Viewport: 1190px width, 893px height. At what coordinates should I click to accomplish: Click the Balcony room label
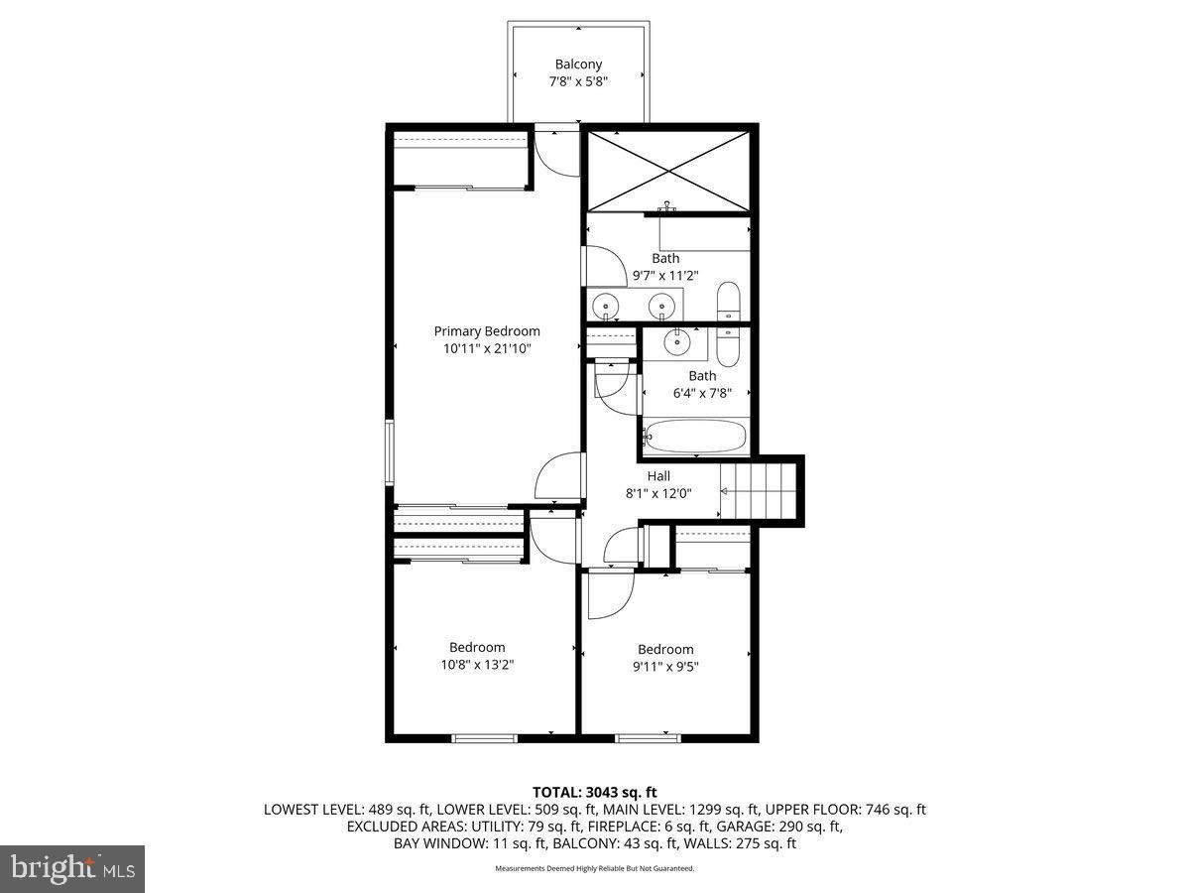tap(578, 64)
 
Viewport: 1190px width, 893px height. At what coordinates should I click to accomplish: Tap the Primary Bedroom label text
tap(487, 331)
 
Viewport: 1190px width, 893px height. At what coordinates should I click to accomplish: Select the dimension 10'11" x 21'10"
tap(487, 348)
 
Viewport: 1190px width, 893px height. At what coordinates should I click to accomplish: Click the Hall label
tap(658, 476)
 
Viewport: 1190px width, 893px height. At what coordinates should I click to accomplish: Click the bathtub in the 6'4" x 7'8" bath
tap(695, 436)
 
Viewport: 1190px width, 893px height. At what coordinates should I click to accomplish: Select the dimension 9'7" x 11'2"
tap(665, 276)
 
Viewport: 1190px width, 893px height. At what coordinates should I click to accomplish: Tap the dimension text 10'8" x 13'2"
tap(476, 665)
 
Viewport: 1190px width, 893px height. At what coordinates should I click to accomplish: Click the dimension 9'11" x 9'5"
tap(665, 667)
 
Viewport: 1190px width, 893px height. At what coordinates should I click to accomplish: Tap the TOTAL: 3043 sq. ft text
tap(595, 792)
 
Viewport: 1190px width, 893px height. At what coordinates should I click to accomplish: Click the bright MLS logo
tap(72, 869)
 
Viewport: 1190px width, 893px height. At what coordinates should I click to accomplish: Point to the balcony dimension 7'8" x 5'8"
tap(578, 82)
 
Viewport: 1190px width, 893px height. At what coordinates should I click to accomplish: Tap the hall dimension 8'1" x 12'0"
tap(658, 493)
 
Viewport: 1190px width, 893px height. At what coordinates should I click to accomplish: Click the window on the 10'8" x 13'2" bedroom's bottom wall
tap(484, 737)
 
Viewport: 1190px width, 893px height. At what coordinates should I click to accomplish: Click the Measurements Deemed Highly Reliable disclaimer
tap(595, 868)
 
